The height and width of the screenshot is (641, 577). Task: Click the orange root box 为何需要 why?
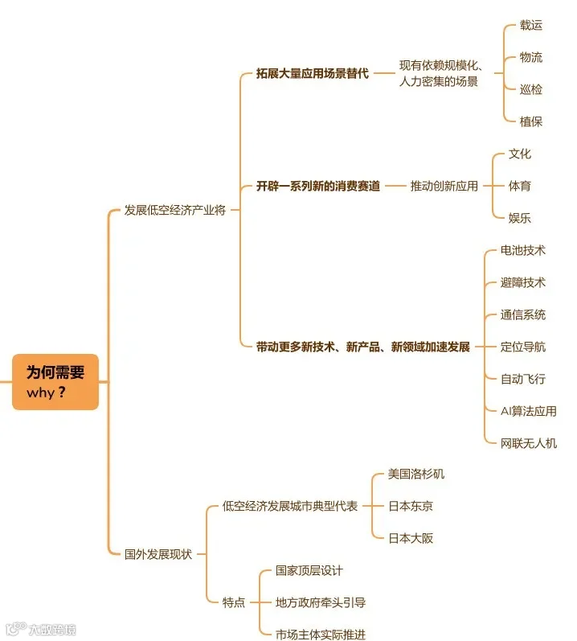point(55,382)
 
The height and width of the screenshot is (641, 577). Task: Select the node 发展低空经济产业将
point(174,210)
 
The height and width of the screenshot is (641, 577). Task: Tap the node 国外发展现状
point(158,554)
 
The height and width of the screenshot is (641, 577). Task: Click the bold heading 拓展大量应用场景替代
point(313,73)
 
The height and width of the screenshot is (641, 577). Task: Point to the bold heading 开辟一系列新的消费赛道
point(318,186)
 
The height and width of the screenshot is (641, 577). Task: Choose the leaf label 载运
point(531,25)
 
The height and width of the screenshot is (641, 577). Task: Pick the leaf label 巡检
point(531,89)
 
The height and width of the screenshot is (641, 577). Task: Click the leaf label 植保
point(531,121)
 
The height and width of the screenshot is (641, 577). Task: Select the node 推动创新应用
point(444,186)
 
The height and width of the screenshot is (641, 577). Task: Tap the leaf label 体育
point(520,186)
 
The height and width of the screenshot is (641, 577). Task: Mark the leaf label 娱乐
point(520,218)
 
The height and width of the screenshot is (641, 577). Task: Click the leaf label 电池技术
point(522,250)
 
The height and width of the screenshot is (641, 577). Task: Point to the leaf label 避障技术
point(522,282)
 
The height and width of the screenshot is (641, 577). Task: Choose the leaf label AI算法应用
point(528,411)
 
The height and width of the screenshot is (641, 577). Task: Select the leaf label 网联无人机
point(528,443)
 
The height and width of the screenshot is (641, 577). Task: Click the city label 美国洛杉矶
point(415,474)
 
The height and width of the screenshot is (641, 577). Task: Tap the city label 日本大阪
point(410,538)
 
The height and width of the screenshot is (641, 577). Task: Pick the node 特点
point(234,602)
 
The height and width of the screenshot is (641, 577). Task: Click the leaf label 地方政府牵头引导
point(321,602)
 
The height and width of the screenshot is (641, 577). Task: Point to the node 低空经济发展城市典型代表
point(290,506)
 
